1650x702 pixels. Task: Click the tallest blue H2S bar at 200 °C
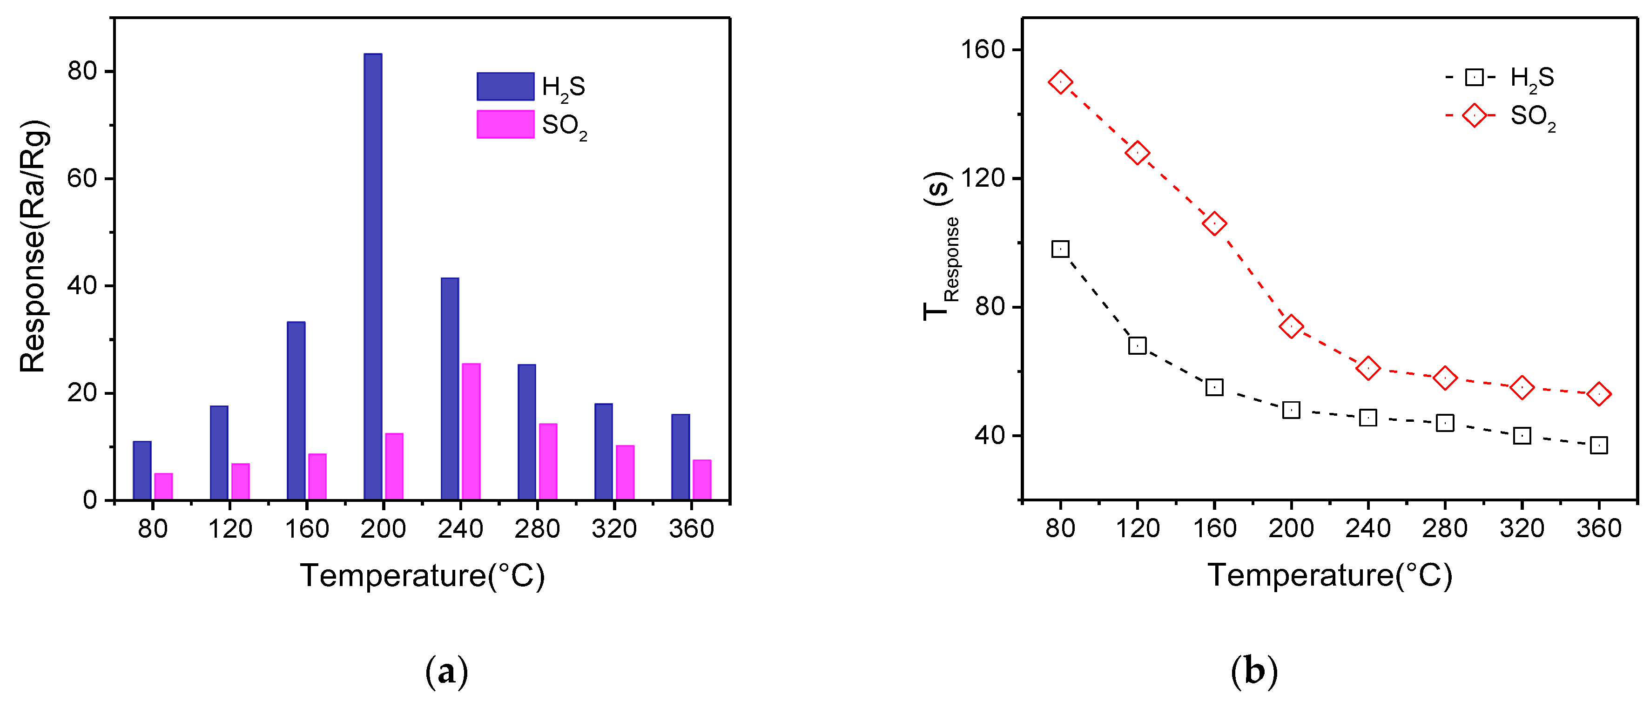pos(373,276)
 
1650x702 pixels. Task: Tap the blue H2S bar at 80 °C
pos(142,470)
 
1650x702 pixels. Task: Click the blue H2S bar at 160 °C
pos(296,411)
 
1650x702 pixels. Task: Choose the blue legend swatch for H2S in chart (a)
pos(505,87)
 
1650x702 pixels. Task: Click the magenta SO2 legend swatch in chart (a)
pos(505,124)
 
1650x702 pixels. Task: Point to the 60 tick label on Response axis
pos(81,178)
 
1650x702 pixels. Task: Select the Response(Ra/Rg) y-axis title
pos(34,247)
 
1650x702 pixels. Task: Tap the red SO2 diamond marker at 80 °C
pos(1060,82)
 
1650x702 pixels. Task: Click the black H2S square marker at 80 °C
pos(1060,249)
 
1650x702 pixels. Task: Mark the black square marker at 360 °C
pos(1599,445)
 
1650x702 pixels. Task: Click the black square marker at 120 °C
pos(1137,346)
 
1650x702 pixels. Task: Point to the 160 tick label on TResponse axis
pos(982,50)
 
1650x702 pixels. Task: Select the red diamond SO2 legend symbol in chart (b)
pos(1474,116)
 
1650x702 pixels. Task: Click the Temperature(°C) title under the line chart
pos(1330,575)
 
